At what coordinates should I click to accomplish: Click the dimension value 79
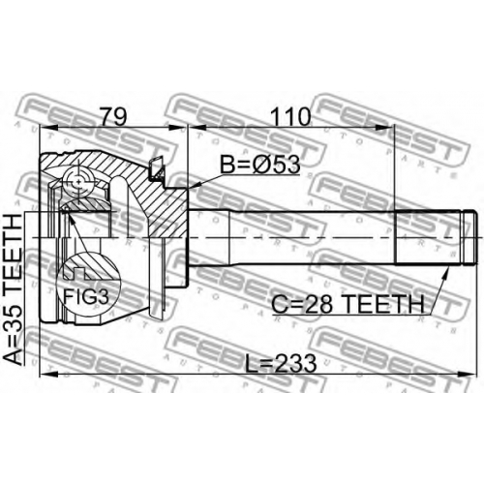pos(113,117)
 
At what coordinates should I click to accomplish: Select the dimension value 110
pos(290,117)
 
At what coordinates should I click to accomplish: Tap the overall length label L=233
pos(281,363)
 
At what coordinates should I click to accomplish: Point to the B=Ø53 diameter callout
pos(260,165)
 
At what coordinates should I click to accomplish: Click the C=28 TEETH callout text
pos(348,304)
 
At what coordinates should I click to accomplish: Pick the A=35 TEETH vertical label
pos(13,289)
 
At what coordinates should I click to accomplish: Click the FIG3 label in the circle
pos(86,296)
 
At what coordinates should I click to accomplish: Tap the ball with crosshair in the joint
pos(77,183)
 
